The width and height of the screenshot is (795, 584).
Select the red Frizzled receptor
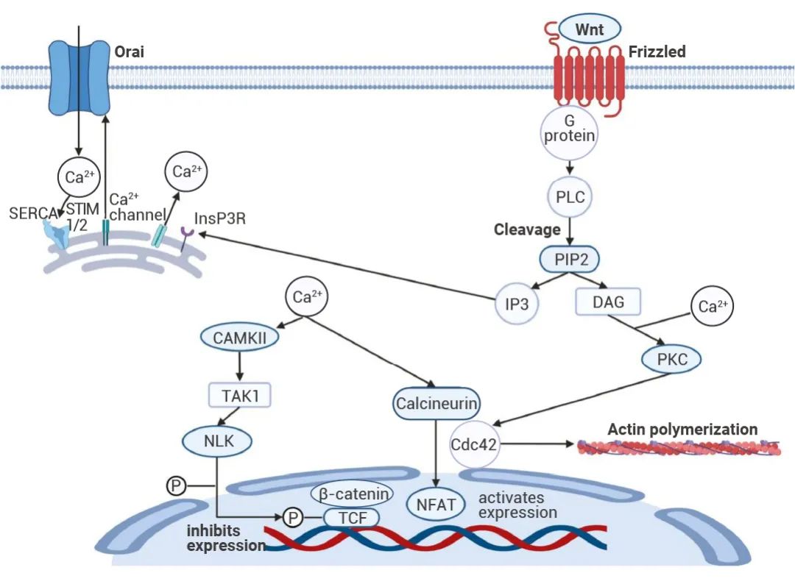tap(589, 76)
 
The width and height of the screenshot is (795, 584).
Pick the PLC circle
tap(569, 196)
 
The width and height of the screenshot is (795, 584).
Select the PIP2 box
tap(569, 259)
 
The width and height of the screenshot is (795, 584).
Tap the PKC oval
tap(671, 360)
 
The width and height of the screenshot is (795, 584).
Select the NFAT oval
tap(437, 506)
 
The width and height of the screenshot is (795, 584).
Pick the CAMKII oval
tap(239, 340)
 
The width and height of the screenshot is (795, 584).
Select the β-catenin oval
tap(353, 493)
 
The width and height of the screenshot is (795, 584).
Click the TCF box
tap(351, 518)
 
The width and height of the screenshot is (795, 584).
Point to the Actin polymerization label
tap(682, 430)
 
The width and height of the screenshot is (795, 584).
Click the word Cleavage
tap(527, 229)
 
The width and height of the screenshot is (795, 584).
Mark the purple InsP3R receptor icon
tap(188, 235)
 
